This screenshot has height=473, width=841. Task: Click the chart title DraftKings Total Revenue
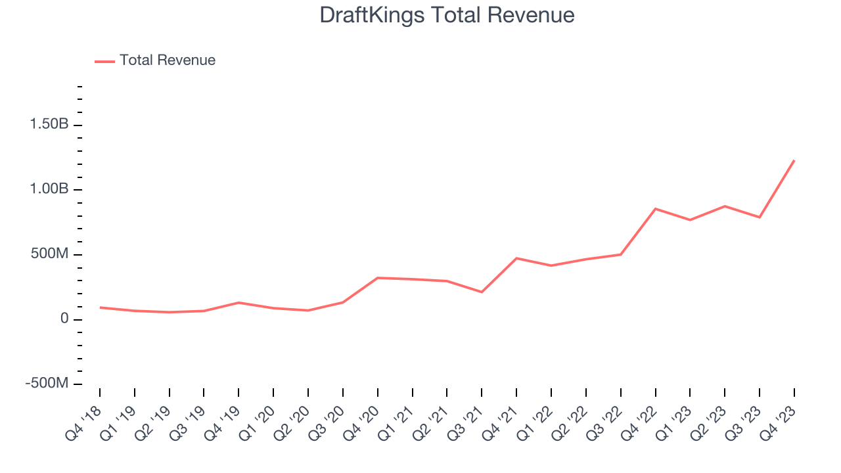[447, 15]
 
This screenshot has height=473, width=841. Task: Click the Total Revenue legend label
[167, 60]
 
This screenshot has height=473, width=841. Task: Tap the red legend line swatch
[104, 61]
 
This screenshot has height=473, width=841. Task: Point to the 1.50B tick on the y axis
[49, 125]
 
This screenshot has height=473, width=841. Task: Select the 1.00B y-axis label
[49, 189]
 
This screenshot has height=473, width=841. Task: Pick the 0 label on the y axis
[64, 319]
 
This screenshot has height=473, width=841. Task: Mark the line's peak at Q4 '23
[794, 160]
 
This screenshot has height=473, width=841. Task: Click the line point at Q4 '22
[656, 209]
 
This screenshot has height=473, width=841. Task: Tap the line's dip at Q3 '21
[482, 292]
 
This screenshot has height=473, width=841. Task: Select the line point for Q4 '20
[378, 278]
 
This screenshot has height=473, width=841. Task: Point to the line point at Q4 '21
[516, 258]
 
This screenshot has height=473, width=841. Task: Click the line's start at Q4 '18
[100, 307]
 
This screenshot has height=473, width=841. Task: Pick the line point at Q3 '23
[760, 217]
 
